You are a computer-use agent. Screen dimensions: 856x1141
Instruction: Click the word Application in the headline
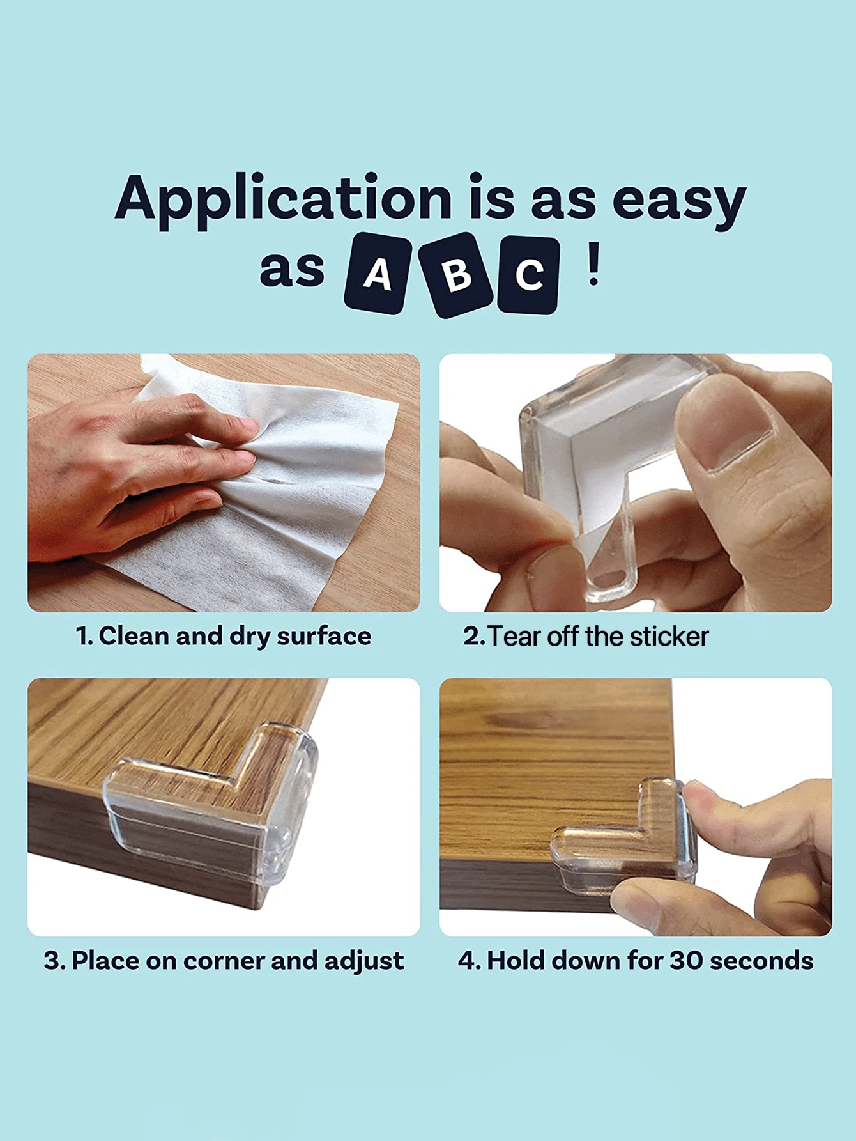(284, 199)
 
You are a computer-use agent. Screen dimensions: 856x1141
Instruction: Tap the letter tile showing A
(378, 274)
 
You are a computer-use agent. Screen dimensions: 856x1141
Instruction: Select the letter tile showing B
(456, 275)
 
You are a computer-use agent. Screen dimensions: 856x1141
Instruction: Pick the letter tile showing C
(529, 275)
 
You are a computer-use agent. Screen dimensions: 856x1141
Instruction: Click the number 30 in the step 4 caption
(686, 960)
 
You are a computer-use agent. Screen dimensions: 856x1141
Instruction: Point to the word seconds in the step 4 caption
(761, 961)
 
